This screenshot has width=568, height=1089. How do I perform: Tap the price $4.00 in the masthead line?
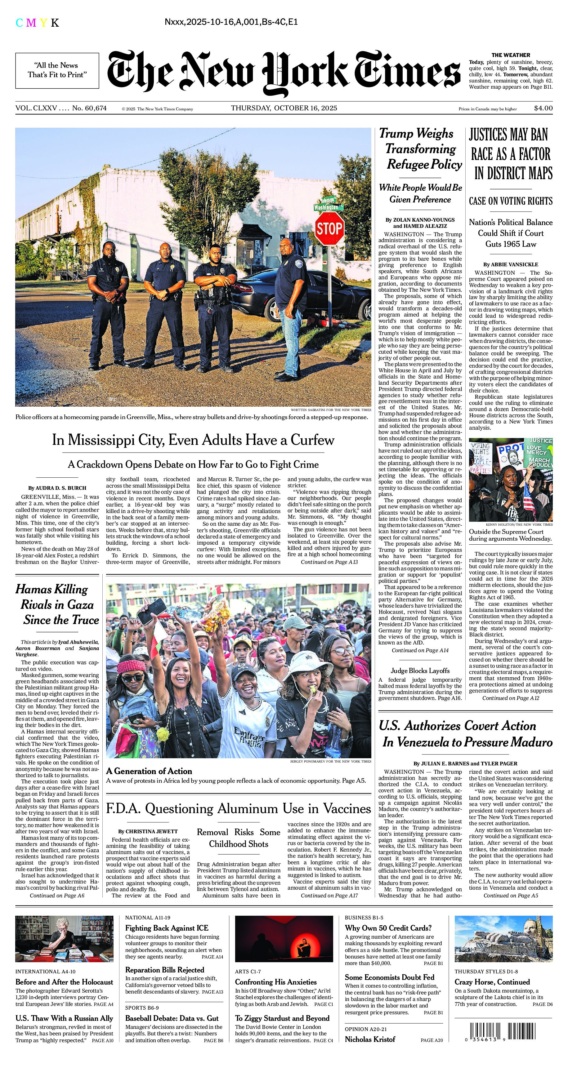coord(543,108)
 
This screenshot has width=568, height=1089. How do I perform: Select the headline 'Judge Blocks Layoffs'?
coord(420,671)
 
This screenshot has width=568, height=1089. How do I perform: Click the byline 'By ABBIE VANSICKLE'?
coord(511,264)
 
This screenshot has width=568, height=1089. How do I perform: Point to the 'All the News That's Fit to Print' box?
coord(57,70)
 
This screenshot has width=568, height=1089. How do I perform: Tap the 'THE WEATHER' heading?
coord(511,55)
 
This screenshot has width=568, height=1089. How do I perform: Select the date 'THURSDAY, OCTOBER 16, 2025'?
coord(284,108)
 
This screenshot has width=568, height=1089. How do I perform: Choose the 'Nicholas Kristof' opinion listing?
coord(370,1039)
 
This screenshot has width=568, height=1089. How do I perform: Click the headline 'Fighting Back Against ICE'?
coord(167,928)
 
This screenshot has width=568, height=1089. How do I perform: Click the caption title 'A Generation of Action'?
coord(149,771)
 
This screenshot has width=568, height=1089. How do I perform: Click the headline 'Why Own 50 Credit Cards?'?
coord(388,928)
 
